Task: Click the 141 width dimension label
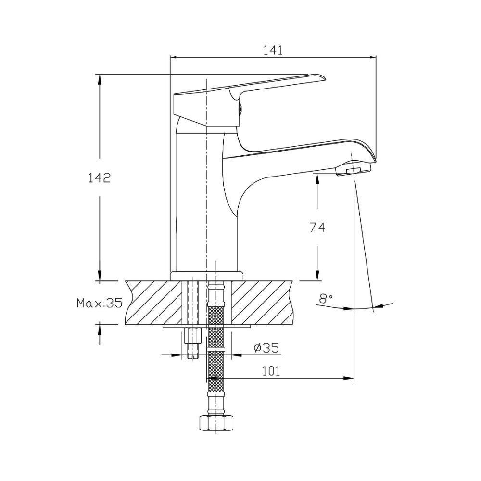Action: click(273, 51)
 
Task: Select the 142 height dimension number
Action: click(100, 178)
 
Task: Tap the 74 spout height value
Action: click(317, 228)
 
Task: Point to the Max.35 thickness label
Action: click(100, 304)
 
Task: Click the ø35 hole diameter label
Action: click(266, 348)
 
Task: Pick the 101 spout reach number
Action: click(271, 371)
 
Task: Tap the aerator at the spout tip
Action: click(353, 168)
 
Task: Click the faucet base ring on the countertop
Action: click(206, 276)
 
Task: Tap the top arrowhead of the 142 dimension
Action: click(100, 78)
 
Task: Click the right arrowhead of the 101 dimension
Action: click(349, 378)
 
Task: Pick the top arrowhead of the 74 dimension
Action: click(317, 178)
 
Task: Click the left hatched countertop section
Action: click(153, 303)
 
